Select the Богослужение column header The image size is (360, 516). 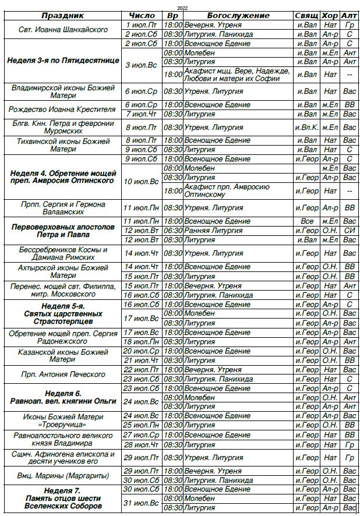[x=238, y=16]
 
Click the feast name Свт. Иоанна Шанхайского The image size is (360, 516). [x=63, y=30]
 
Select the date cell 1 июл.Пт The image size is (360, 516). [x=142, y=25]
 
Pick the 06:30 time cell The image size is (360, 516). [x=173, y=231]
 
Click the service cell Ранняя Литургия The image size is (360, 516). [x=208, y=231]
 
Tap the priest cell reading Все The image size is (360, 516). [x=307, y=221]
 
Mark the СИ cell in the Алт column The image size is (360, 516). [x=350, y=231]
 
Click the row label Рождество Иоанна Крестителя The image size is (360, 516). [x=63, y=109]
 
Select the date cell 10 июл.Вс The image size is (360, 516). [x=142, y=182]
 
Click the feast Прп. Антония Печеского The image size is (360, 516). [x=63, y=374]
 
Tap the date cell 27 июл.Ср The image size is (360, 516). [x=142, y=435]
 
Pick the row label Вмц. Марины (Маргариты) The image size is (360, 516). [x=63, y=475]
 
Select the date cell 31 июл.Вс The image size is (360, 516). [x=142, y=503]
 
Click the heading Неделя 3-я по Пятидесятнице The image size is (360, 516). [x=63, y=61]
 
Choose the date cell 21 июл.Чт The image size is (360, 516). [x=142, y=361]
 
